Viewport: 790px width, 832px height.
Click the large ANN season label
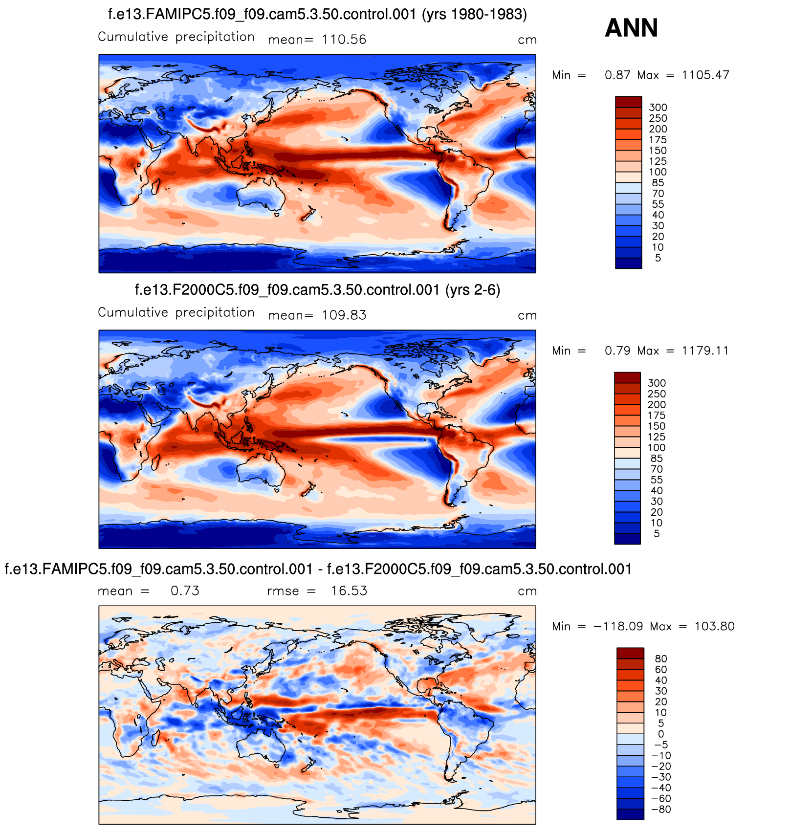pos(631,28)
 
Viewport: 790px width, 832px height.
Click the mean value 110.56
pos(344,40)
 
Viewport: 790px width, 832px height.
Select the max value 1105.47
pos(705,75)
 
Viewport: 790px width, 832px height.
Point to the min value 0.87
pos(617,75)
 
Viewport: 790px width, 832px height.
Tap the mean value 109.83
pos(344,315)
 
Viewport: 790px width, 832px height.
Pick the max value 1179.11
pos(705,351)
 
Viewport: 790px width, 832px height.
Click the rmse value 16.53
pos(349,591)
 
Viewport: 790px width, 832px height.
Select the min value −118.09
pos(618,627)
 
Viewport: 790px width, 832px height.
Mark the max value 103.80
pos(714,627)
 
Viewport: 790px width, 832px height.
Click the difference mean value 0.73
pos(185,591)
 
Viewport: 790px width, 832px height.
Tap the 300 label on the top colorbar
pos(658,108)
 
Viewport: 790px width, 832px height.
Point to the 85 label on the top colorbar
pos(658,183)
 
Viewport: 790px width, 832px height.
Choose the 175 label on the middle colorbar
pos(657,416)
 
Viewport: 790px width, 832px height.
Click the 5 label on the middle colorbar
pos(657,534)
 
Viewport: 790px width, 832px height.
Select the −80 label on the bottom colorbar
pos(661,810)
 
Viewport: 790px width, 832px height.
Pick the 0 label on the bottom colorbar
pos(661,734)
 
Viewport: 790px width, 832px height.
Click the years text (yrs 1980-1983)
pos(474,15)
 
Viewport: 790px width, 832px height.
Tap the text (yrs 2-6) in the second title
pos(473,290)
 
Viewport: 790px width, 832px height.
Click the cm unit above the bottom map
pos(527,591)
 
